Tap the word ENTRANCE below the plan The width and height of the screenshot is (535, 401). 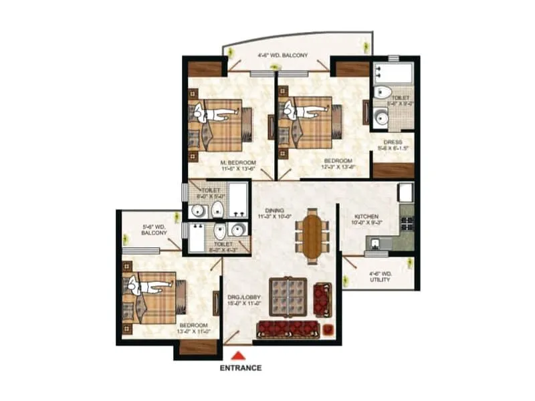pos(240,368)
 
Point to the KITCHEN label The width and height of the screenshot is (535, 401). pos(367,217)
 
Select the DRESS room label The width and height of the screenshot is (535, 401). pos(393,142)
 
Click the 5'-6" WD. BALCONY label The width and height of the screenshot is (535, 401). pos(154,229)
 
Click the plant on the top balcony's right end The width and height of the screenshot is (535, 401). pos(365,46)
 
